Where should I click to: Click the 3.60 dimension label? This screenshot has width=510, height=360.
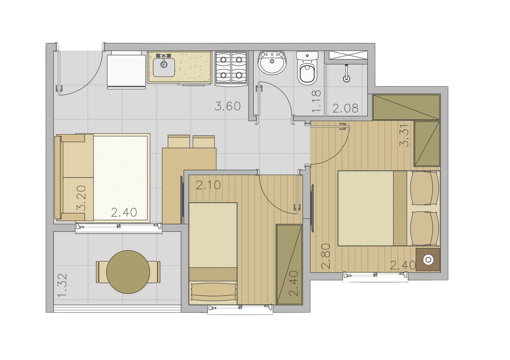point(228,106)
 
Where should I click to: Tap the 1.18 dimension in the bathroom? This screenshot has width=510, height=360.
point(316,102)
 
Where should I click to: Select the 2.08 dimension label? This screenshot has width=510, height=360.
point(345,108)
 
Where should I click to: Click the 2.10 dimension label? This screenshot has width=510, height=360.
point(208,185)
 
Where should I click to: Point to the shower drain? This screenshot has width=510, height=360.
point(347,78)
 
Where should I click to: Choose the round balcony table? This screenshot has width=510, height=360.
point(128,272)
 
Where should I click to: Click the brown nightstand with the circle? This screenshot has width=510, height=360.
point(428,260)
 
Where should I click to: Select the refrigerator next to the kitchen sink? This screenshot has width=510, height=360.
point(126,70)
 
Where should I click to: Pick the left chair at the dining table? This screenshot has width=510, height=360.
point(179,141)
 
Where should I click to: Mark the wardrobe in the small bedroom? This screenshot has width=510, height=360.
point(289,265)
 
